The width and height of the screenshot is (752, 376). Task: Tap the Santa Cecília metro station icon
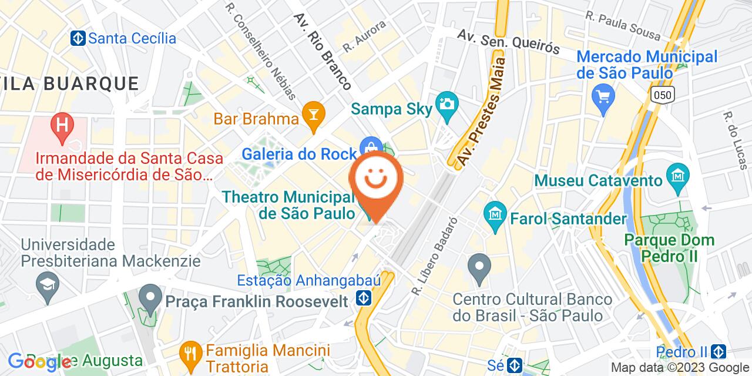78,38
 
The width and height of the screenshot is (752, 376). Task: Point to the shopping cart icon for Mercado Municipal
603,95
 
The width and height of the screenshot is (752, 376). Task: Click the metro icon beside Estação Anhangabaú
364,299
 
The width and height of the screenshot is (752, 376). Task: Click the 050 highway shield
662,93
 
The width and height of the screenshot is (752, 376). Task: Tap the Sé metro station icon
515,365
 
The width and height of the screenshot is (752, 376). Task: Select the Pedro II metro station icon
718,351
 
